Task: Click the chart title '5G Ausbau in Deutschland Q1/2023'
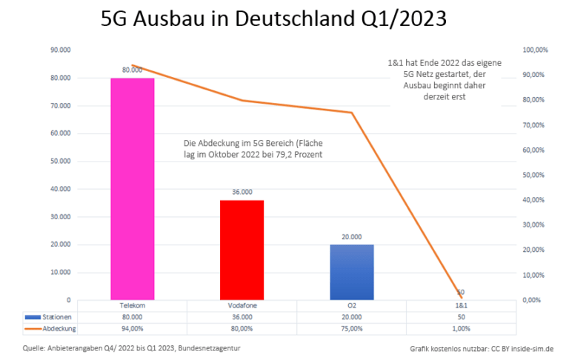(273, 18)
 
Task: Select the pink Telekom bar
(132, 189)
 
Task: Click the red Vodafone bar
(242, 250)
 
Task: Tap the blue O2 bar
(351, 272)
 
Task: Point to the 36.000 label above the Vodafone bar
(242, 192)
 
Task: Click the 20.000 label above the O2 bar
(351, 236)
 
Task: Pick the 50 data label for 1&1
(460, 293)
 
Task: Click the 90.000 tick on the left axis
(60, 50)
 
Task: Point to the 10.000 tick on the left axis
(60, 273)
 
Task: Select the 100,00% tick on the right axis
(535, 50)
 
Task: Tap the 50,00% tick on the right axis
(535, 175)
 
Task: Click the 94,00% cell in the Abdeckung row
(132, 328)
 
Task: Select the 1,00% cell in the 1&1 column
(460, 328)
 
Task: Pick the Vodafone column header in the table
(242, 305)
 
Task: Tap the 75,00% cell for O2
(351, 328)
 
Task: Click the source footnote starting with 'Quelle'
(131, 347)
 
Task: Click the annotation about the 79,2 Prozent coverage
(253, 147)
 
